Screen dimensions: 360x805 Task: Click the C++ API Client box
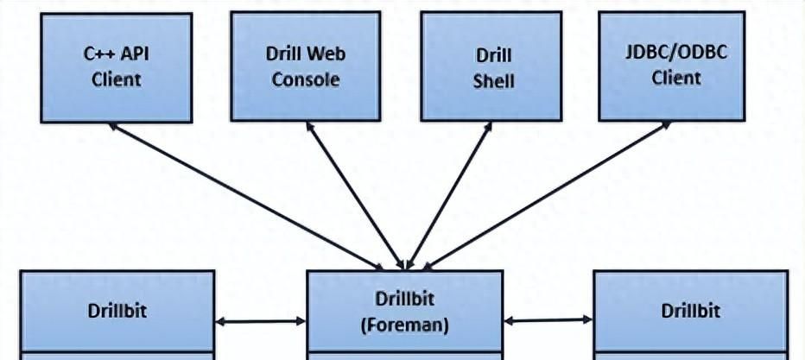tap(116, 66)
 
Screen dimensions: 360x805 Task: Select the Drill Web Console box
tap(305, 66)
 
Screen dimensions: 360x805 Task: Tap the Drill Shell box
tap(494, 66)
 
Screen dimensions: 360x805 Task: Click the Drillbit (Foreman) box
tap(405, 311)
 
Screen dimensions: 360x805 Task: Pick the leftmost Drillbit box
tap(117, 311)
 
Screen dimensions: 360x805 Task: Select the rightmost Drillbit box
tap(690, 311)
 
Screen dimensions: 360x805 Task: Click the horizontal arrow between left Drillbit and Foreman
tap(260, 322)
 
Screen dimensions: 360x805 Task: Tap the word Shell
tap(494, 81)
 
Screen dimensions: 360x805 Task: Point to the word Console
tap(305, 80)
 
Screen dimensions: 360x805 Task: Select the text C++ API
tap(116, 54)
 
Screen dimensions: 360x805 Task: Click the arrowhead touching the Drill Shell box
tap(488, 127)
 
